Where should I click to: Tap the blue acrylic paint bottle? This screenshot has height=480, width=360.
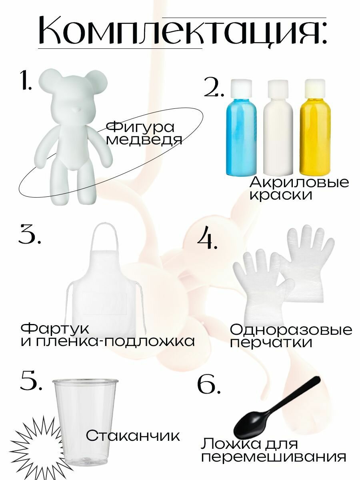click(241, 128)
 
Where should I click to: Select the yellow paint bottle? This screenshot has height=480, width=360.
click(315, 128)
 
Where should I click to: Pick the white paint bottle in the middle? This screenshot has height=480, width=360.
click(278, 128)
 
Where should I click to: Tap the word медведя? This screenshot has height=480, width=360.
click(144, 140)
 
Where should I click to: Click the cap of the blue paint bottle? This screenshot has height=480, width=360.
click(241, 88)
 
